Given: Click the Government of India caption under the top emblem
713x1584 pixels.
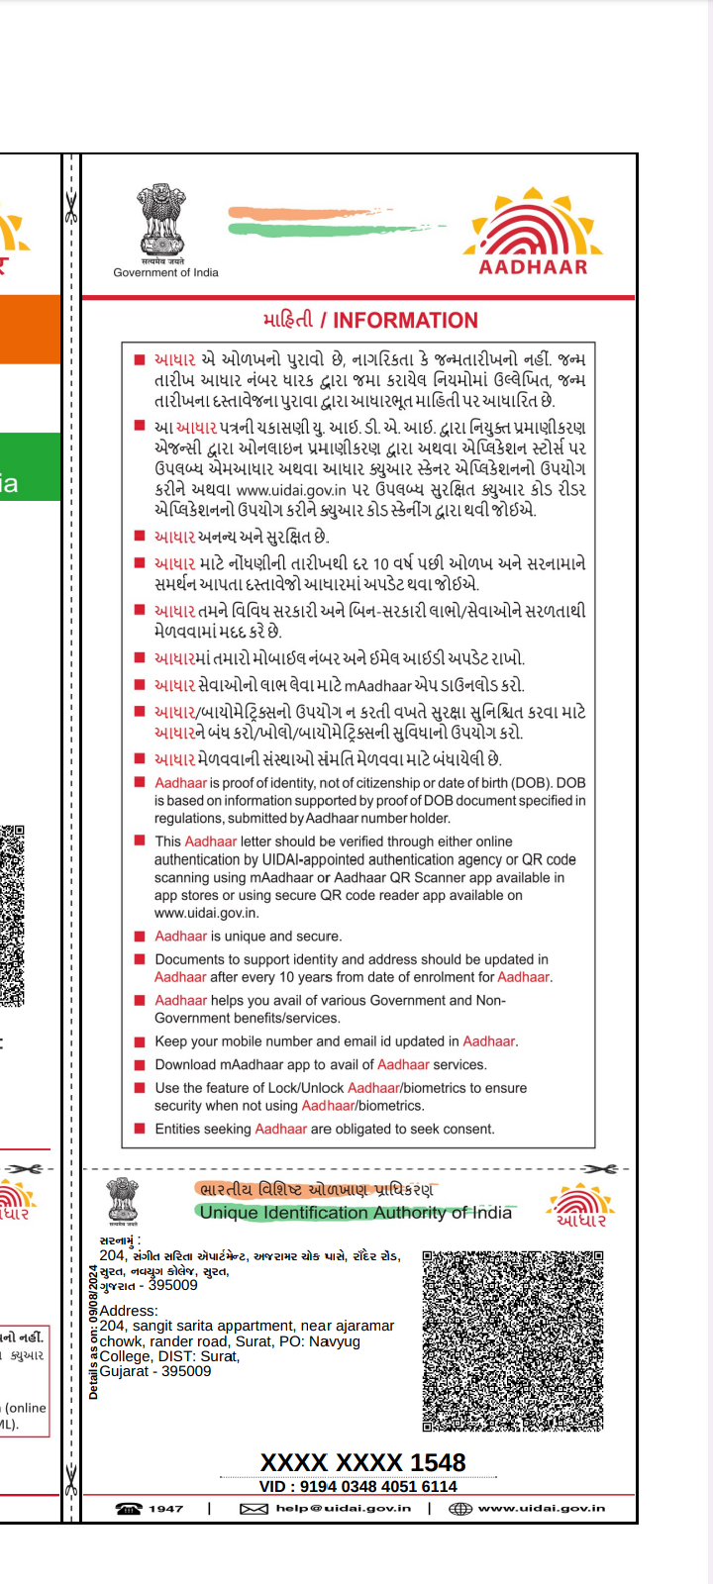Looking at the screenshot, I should coord(165,272).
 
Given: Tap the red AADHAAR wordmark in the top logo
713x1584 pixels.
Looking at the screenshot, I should coord(534,266).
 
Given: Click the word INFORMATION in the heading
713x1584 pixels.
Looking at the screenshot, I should coord(405,321).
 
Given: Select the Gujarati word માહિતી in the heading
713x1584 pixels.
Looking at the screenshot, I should coord(287,320).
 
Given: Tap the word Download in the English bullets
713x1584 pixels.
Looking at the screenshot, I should coord(185,1064).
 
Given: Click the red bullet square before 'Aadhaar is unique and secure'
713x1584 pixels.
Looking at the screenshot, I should coord(140,936).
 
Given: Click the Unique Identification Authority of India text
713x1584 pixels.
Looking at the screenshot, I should coord(356,1213).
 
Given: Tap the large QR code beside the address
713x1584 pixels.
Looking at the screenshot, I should coord(513,1340).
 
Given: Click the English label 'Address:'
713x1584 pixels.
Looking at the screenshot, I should coord(129,1311).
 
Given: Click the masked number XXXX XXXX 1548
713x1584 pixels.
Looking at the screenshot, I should coord(362,1462).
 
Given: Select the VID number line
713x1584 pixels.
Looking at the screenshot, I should coord(357,1486).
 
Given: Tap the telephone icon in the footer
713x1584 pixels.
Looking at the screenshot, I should coord(129,1509).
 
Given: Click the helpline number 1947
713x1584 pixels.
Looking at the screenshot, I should coord(166,1509).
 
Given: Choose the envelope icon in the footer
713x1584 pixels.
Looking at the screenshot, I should coord(254,1509).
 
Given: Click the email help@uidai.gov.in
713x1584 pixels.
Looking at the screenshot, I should coord(343,1509).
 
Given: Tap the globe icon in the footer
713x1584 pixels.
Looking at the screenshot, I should coord(459,1509).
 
